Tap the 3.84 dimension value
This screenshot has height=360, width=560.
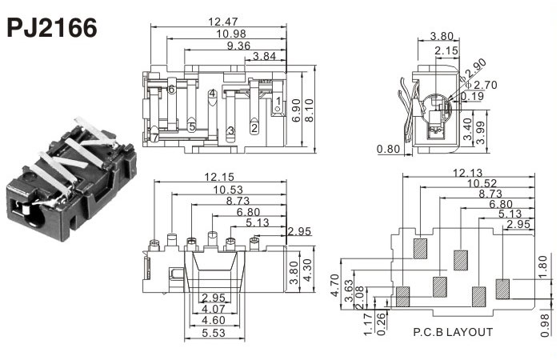(x=266, y=57)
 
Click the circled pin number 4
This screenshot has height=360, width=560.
(x=212, y=94)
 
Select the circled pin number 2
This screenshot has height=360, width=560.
(x=254, y=127)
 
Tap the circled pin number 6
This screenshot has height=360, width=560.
(x=172, y=89)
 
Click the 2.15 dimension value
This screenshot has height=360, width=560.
(x=446, y=50)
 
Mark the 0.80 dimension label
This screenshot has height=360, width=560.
(x=390, y=149)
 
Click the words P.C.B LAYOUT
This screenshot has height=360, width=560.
(x=453, y=331)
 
